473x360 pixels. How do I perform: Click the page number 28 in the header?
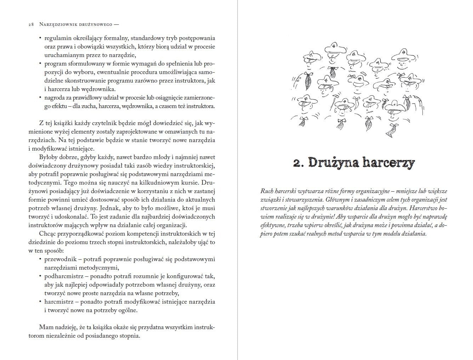[x=31, y=24]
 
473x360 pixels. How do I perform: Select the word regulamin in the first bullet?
[x=57, y=38]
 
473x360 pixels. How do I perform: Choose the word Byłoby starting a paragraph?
[x=48, y=157]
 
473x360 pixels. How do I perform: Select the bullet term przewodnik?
[x=59, y=259]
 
